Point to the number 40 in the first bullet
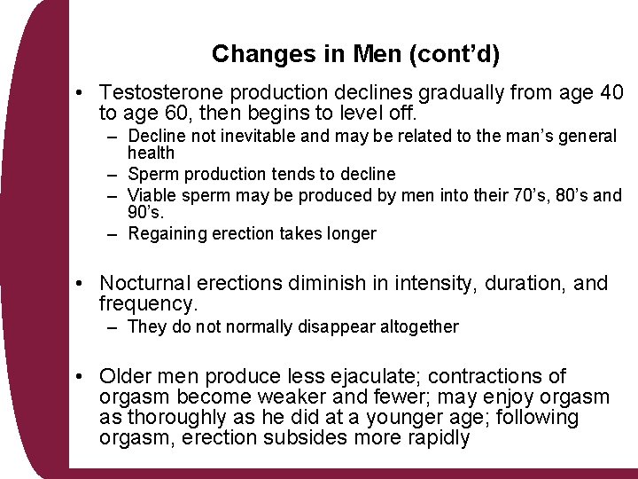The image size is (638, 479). [609, 93]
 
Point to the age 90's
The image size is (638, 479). [145, 213]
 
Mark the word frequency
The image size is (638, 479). [147, 304]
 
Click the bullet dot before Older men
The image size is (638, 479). [81, 377]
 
